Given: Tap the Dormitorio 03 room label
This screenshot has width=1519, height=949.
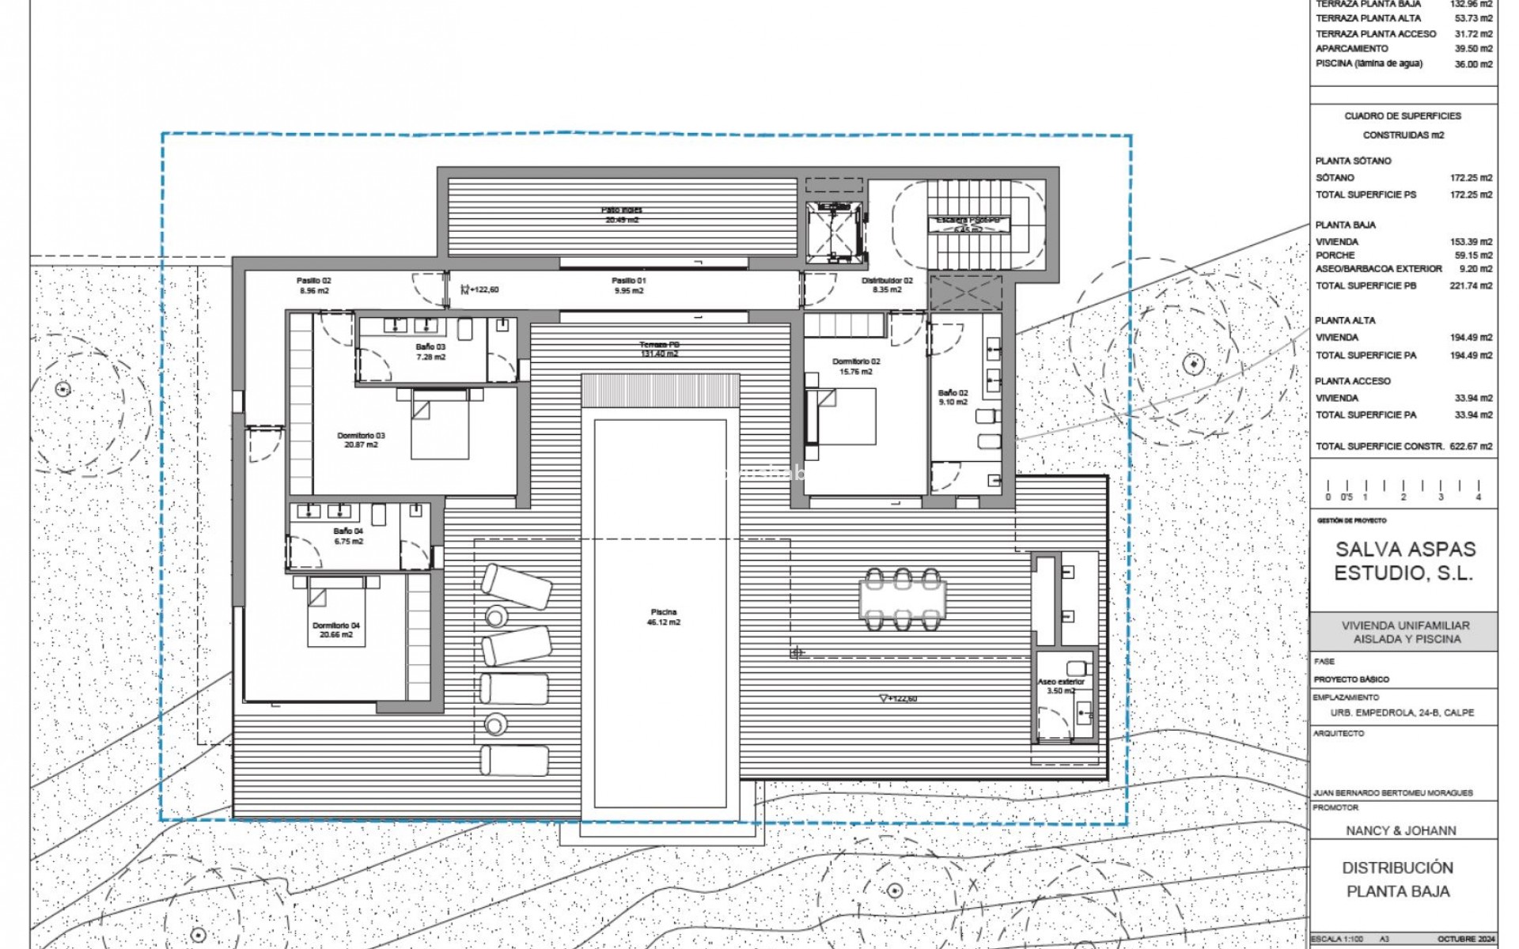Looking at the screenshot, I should [361, 440].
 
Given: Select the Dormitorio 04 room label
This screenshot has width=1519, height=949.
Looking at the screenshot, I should [336, 630].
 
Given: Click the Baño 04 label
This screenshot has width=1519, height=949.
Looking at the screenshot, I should [348, 536].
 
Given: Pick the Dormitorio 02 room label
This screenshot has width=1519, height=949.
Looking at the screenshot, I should [856, 366].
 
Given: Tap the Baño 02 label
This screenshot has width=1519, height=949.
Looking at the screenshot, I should [953, 397].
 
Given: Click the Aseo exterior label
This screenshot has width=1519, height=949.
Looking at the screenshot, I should [1061, 686].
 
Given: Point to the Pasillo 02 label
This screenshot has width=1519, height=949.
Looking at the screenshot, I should [314, 285].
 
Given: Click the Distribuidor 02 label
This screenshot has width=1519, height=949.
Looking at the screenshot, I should [887, 285].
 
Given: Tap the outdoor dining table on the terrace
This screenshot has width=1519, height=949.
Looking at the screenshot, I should [903, 599].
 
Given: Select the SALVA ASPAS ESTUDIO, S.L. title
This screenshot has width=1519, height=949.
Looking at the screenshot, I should [1405, 561].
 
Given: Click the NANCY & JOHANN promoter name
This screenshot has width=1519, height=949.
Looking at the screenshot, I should [1400, 830].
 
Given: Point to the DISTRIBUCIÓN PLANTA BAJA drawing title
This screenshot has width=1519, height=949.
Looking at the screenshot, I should [1398, 879].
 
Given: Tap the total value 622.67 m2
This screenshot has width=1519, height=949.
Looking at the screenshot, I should [1471, 446].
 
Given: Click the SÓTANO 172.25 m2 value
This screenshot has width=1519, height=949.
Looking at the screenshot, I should [1471, 178].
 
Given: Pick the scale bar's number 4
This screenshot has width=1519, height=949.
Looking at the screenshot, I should [1478, 497].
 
